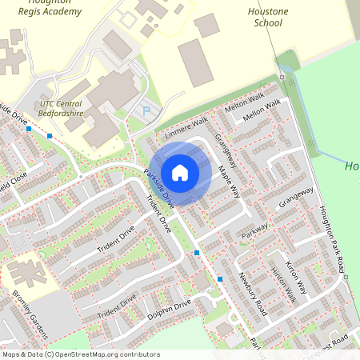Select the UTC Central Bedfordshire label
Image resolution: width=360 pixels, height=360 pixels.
coord(62,109)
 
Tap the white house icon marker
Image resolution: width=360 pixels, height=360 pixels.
coord(180,172)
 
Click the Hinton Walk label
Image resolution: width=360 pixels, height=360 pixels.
coord(283,284)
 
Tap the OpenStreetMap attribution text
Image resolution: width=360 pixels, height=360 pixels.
coord(81,354)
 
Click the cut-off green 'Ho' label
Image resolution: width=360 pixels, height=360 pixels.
coord(352,166)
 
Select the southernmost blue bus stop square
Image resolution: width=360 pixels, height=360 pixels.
coord(220,279)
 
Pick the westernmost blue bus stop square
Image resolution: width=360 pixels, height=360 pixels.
coord(29,128)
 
